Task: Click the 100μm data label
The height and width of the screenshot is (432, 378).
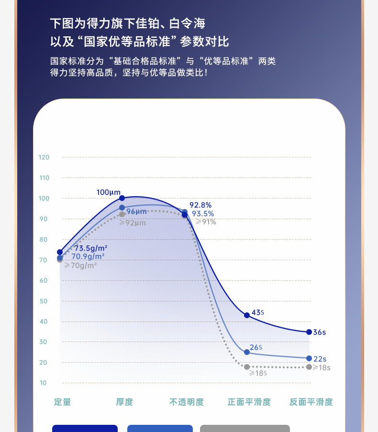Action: (108, 192)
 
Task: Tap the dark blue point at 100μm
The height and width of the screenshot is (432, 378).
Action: (122, 198)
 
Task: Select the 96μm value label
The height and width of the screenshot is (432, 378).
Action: (136, 211)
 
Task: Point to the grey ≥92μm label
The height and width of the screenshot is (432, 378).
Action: (133, 222)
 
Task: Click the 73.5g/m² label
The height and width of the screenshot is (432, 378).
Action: (90, 248)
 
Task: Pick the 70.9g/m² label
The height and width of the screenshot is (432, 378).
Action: (88, 256)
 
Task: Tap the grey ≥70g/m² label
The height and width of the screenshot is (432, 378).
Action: (80, 265)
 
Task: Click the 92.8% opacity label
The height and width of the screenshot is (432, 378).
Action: (200, 205)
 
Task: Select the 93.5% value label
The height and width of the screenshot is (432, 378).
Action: (203, 214)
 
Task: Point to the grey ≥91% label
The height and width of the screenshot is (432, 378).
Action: (206, 222)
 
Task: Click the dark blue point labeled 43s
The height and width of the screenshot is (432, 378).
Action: (247, 315)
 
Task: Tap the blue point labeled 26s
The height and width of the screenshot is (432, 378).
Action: (247, 352)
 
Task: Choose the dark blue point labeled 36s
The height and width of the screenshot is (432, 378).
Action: (309, 332)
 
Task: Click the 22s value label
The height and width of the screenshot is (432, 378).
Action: (320, 359)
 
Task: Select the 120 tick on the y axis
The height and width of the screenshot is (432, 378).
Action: (44, 157)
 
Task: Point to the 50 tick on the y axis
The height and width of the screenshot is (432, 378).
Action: (44, 301)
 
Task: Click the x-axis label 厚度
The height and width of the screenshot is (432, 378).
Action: (124, 402)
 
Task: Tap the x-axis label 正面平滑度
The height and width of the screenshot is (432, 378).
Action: (249, 402)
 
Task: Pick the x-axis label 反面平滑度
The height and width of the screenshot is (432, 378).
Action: (311, 402)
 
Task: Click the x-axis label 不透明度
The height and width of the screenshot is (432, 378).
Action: (187, 402)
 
